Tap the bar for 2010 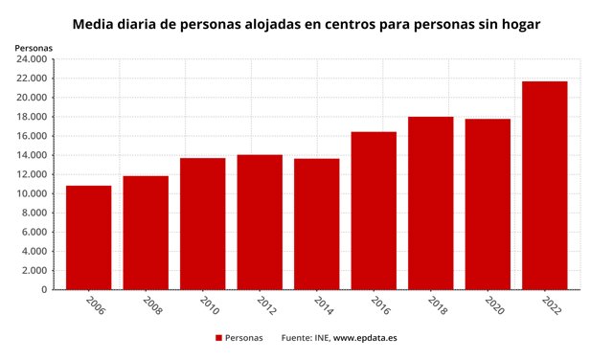202,224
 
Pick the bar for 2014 316,224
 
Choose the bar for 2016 374,211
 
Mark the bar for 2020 488,204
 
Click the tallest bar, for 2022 544,186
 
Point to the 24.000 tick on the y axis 31,59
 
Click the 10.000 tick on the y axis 31,193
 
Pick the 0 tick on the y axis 44,289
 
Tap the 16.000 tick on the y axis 31,136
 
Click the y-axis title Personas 34,47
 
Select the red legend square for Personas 218,338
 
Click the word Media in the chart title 93,22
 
